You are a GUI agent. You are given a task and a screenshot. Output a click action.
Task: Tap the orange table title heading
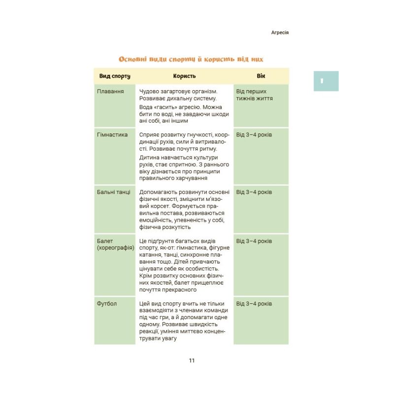[191, 59]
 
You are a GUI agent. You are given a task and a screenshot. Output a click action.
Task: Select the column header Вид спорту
[114, 76]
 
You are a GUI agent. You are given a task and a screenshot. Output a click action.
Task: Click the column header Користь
[184, 76]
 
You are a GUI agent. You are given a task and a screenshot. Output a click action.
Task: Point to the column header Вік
[261, 76]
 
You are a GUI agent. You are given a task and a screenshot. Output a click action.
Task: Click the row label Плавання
[110, 92]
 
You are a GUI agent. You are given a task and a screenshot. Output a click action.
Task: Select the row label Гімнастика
[113, 135]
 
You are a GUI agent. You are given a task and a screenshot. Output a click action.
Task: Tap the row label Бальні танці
[114, 192]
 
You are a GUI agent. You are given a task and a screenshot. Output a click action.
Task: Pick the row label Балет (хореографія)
[115, 245]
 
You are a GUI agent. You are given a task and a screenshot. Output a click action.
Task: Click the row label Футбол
[107, 304]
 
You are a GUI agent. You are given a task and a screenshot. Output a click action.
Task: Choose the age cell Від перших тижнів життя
[255, 95]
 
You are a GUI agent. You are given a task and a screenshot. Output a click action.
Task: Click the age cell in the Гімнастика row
[254, 135]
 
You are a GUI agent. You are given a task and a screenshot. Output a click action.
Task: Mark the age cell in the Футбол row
[254, 304]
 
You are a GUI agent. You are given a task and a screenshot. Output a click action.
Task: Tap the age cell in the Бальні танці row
[254, 192]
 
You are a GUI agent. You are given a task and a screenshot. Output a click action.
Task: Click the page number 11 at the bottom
[192, 361]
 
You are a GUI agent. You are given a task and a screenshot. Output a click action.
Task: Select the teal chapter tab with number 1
[326, 81]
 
